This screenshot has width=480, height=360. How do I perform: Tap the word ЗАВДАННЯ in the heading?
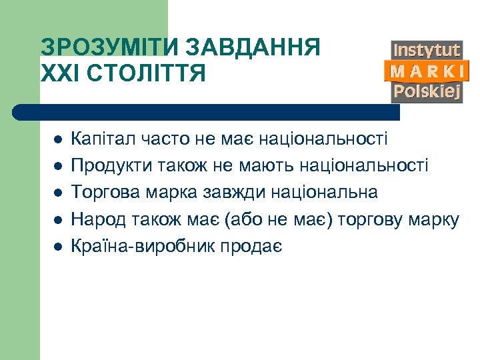click(x=253, y=48)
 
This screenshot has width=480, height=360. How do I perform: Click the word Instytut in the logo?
click(x=427, y=50)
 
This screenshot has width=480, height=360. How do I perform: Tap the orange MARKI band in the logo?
click(x=427, y=71)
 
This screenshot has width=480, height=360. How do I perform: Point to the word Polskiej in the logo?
click(x=427, y=91)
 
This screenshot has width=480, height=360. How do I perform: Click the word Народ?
click(x=95, y=219)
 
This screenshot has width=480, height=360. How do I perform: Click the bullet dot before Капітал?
click(x=58, y=140)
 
